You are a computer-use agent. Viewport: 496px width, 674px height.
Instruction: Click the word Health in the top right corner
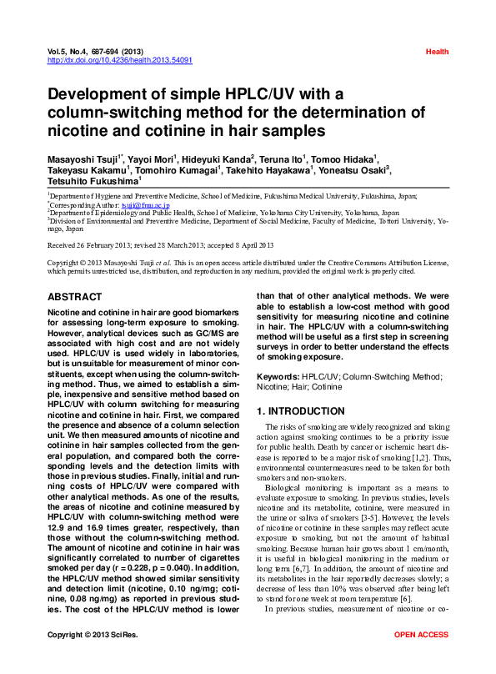[437, 52]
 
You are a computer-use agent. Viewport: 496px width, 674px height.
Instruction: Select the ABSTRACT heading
[75, 297]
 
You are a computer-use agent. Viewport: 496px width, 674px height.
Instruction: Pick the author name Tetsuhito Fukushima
[93, 180]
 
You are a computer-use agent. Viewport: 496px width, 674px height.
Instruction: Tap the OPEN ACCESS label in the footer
[422, 659]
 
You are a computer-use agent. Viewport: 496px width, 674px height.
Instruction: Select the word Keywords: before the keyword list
[278, 377]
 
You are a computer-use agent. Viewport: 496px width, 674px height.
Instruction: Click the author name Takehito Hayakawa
[269, 168]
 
